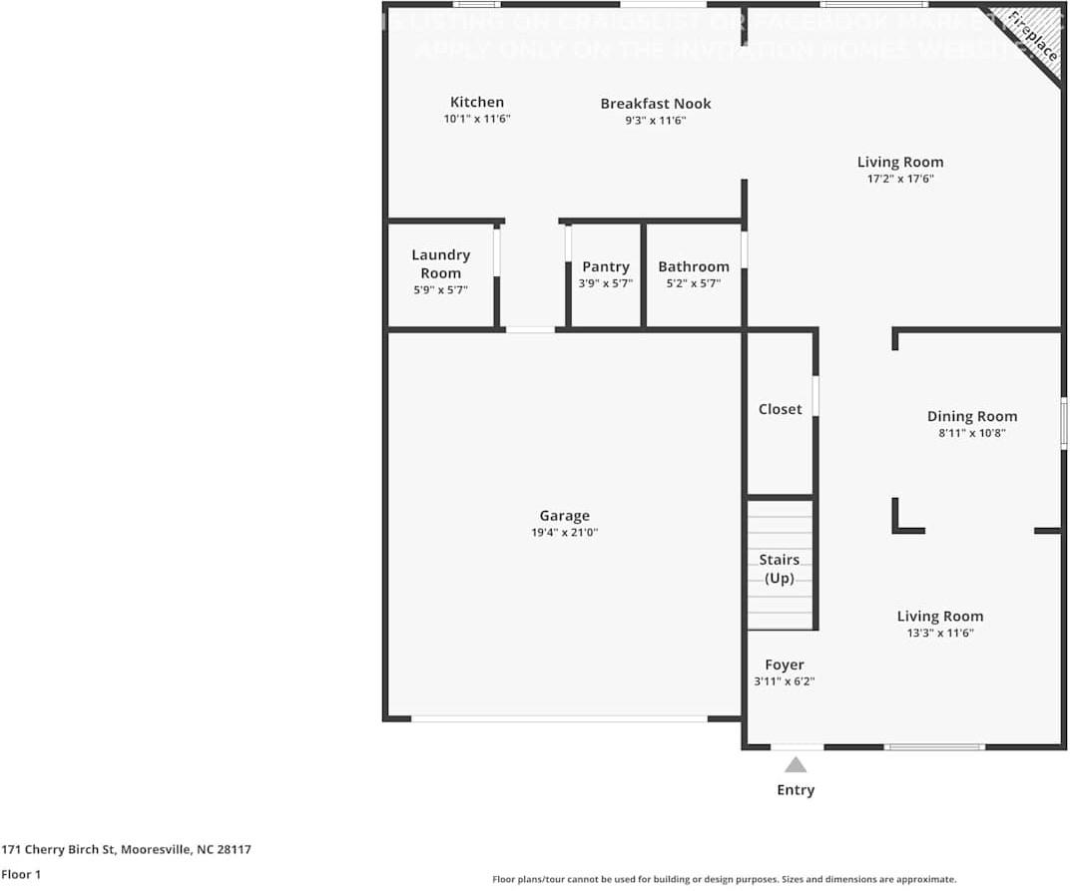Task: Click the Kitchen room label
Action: coord(477,102)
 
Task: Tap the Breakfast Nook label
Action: coord(656,104)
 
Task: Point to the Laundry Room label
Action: coord(440,264)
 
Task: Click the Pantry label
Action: coord(606,266)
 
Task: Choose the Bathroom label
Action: coord(694,266)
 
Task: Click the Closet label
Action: coord(780,409)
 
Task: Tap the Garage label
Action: coord(565,516)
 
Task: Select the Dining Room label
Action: coord(972,417)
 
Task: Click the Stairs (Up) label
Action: coord(779,569)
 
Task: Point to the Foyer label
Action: coord(785,666)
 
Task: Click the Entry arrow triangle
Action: coord(796,765)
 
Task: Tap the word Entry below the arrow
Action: coord(796,790)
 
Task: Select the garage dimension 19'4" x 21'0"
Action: coord(565,533)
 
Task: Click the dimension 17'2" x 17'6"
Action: coord(900,180)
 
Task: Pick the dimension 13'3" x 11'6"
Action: coord(940,634)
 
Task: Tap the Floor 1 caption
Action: coord(21,875)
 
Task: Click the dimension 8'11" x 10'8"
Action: coord(972,434)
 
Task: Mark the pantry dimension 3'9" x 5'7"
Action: coord(606,283)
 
